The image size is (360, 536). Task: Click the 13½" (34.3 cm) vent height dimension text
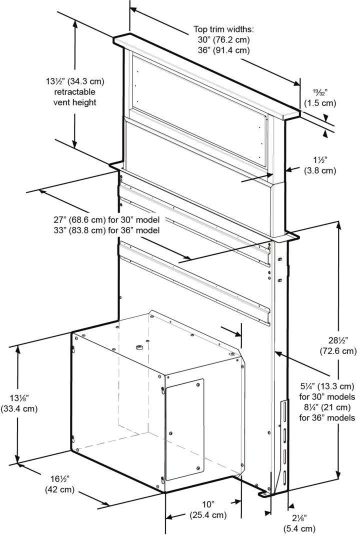[75, 81]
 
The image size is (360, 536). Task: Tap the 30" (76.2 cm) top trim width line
[223, 39]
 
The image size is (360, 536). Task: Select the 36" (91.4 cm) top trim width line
[223, 50]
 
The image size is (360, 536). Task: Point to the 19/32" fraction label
[320, 92]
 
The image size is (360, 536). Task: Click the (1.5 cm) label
[320, 103]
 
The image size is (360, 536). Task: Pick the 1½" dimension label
[320, 159]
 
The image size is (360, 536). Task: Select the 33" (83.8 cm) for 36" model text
[106, 230]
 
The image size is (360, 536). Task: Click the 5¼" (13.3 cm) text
[327, 386]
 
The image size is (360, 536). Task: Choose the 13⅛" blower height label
[19, 398]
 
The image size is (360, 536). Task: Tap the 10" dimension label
[208, 504]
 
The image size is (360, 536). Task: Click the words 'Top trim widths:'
[223, 29]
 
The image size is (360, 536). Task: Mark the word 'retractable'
[75, 92]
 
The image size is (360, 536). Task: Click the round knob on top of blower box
[138, 348]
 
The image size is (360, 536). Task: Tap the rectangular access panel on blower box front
[184, 429]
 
